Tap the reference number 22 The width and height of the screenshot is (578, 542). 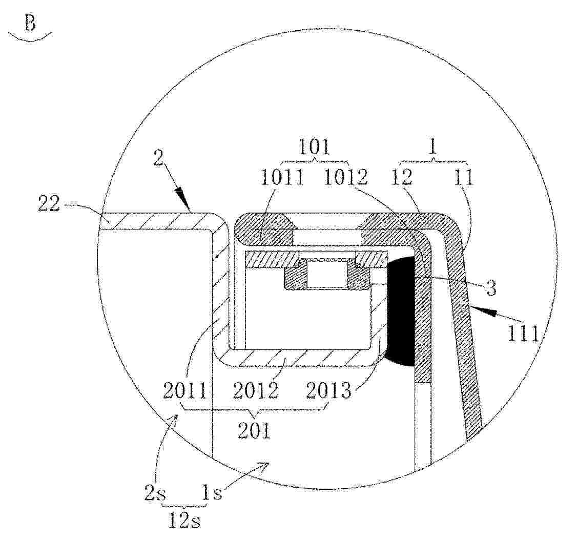[x=49, y=203]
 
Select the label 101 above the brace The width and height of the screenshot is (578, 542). [x=314, y=148]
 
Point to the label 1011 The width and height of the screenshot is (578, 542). [x=283, y=178]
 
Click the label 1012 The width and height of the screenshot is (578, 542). [x=345, y=178]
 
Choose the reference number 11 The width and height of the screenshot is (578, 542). [x=463, y=178]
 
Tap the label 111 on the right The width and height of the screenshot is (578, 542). [x=524, y=335]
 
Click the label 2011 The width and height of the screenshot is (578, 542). [x=185, y=390]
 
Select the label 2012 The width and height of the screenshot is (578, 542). [x=255, y=390]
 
